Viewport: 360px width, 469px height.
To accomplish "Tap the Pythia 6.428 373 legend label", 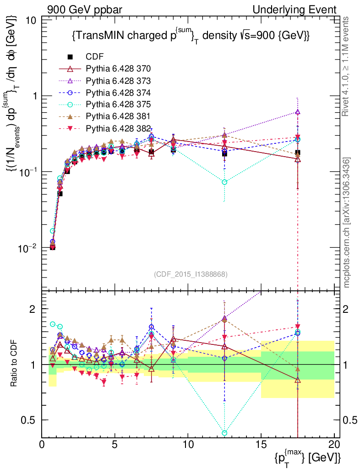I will (118, 81).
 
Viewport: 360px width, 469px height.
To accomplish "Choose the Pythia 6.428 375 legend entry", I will (118, 104).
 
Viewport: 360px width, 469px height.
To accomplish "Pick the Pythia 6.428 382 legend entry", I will (118, 128).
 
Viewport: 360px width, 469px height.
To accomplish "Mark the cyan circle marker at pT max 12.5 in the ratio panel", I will (224, 432).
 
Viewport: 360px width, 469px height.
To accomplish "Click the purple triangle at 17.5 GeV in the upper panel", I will (298, 112).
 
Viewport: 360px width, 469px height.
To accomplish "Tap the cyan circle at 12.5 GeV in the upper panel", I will (224, 182).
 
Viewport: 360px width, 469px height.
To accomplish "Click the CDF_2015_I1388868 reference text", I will (191, 274).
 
